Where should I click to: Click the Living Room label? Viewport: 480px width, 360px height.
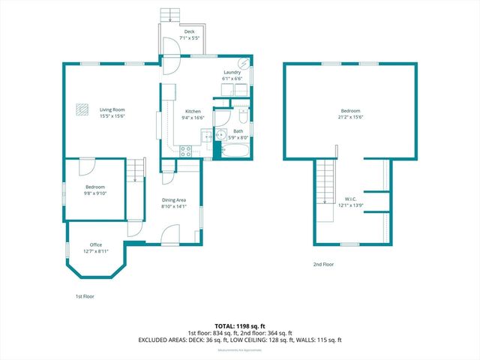click(112, 110)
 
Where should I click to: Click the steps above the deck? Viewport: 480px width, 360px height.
click(171, 15)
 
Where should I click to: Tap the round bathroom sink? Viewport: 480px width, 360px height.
click(220, 135)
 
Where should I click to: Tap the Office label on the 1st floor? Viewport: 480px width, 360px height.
click(96, 244)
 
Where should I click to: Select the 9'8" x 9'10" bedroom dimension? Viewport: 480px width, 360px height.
click(95, 193)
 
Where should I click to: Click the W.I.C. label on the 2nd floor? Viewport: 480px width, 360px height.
click(351, 199)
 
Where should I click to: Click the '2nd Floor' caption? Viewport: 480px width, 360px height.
click(323, 265)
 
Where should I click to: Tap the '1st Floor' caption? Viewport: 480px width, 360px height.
click(84, 296)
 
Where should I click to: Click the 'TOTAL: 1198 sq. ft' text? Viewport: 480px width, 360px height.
click(239, 326)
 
